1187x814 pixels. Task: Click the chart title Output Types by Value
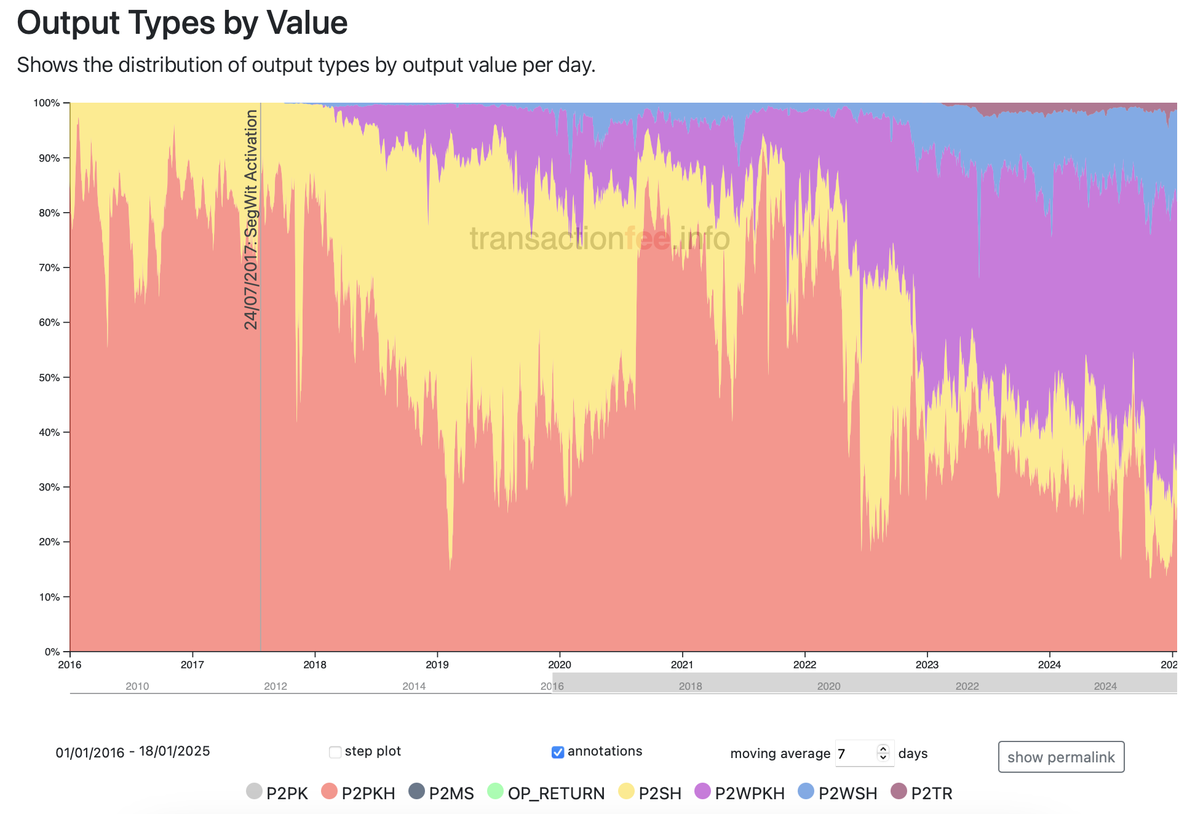tap(182, 23)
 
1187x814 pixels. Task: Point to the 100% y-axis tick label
tap(47, 103)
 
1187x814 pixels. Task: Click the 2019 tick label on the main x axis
tap(437, 665)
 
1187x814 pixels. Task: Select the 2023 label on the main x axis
tap(927, 665)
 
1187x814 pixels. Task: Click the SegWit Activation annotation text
tap(251, 219)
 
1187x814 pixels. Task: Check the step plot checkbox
tap(335, 752)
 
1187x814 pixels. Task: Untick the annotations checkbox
tap(558, 752)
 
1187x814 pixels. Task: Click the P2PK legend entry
tap(277, 793)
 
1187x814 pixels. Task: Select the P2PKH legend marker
tap(330, 792)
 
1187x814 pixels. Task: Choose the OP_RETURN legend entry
tap(546, 793)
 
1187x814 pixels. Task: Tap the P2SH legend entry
tap(651, 793)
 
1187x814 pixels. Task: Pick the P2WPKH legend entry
tap(740, 793)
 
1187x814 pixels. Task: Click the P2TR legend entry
tap(922, 793)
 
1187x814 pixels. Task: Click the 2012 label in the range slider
tap(276, 686)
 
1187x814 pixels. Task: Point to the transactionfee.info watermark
tap(600, 239)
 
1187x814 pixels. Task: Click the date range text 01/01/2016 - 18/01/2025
tap(133, 752)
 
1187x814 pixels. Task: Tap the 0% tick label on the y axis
tap(52, 652)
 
